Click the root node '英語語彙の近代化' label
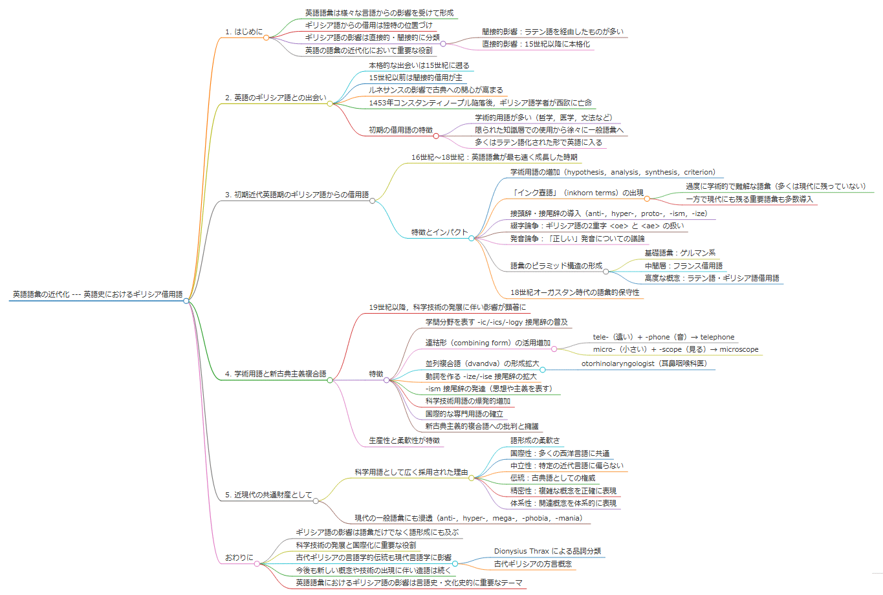98,294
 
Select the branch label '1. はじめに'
244,32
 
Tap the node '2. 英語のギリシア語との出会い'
276,98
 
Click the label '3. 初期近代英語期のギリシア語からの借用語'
297,195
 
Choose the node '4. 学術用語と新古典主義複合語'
276,374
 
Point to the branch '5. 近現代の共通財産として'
268,495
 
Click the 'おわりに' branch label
239,557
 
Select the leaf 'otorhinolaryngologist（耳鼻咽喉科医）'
644,363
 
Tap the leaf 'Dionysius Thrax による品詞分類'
547,551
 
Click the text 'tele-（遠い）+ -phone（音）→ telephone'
664,337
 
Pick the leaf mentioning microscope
675,349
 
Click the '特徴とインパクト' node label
439,232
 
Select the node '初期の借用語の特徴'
400,130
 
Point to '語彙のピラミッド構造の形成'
556,266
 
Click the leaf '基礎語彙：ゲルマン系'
680,253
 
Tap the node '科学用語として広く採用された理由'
411,472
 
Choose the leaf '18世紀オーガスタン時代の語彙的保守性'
574,292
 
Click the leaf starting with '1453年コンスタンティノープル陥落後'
480,103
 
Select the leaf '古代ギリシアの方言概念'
532,564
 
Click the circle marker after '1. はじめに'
266,38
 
